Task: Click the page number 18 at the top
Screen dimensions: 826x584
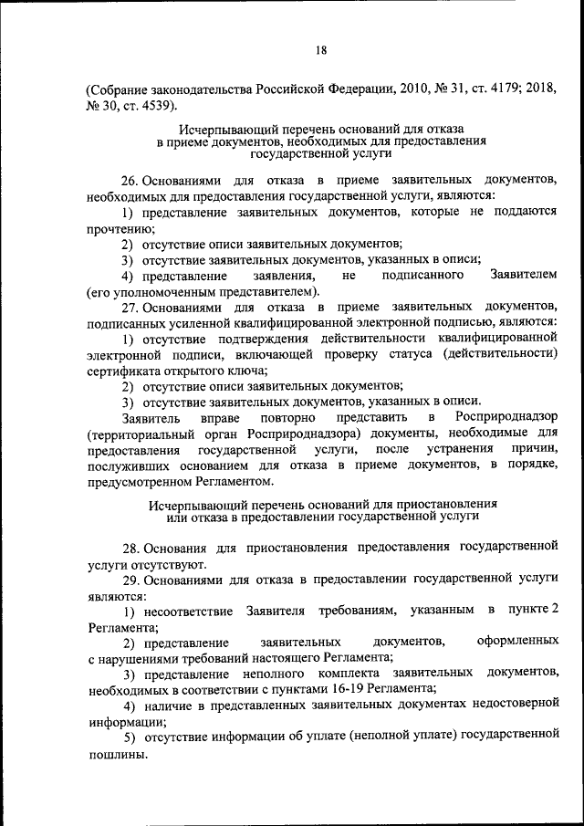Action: (321, 52)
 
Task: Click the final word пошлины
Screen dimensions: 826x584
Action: (117, 754)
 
